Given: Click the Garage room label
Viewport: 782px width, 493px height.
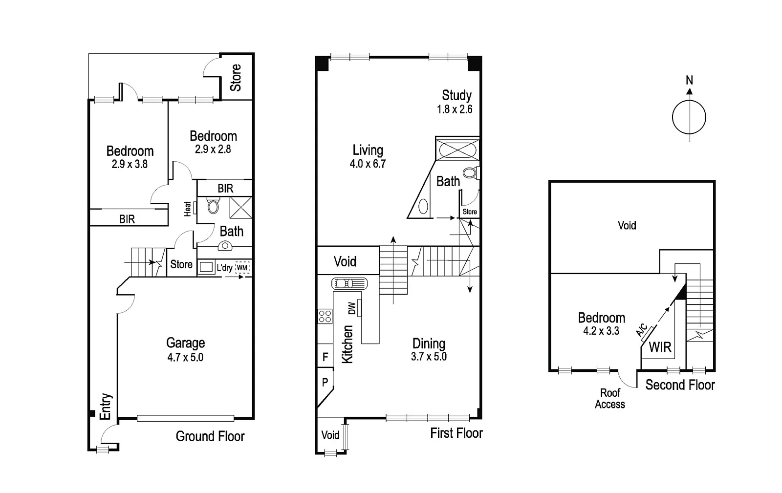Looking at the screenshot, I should coord(185,343).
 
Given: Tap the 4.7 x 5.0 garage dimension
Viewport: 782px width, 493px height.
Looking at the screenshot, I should coord(185,357).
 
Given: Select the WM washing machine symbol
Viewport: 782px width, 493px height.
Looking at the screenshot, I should coord(242,268).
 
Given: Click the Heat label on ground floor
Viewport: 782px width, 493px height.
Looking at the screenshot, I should coord(188,209).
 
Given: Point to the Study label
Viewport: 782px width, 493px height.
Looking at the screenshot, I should coord(456,95).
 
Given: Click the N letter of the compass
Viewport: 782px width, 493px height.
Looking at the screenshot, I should coord(689,80).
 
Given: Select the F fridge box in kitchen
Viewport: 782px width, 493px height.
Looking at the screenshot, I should coord(325,357).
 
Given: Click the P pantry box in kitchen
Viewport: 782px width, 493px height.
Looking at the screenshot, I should coord(325,383).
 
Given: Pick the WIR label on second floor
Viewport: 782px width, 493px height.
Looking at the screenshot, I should coord(660,347).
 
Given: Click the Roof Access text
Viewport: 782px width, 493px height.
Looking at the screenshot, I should coord(610,398).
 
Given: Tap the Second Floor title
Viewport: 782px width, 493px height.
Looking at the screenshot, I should coord(680,385).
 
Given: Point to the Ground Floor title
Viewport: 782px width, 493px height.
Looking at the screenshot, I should coord(210,436).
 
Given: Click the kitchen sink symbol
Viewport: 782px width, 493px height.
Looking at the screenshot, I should coord(349,283).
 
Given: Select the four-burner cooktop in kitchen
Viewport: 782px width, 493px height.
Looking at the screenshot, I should coord(325,316).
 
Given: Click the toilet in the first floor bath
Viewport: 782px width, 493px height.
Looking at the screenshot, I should coord(471,172).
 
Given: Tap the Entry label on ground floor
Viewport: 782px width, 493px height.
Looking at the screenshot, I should coord(106,407).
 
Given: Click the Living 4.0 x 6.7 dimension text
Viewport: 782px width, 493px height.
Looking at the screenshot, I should coord(368,164).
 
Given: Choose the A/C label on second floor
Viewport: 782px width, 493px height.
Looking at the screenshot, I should coord(642,330).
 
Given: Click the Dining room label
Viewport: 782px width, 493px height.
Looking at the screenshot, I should coord(429,343).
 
